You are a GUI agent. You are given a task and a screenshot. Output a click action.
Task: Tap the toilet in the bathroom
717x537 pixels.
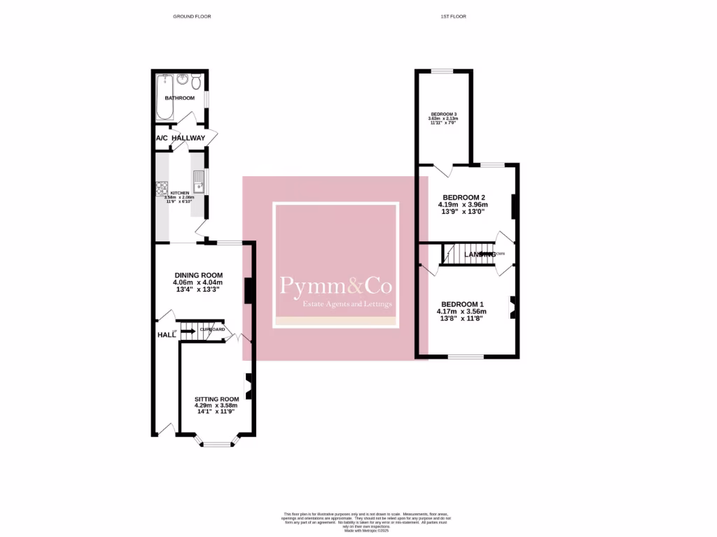point(197,83)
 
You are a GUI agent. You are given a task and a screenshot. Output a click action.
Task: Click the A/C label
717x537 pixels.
point(161,138)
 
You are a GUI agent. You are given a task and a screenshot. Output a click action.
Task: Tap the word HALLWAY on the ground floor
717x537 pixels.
point(190,138)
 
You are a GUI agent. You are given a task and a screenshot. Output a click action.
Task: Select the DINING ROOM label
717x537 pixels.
point(198,275)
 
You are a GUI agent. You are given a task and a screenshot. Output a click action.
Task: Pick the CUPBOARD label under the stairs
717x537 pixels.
point(212,329)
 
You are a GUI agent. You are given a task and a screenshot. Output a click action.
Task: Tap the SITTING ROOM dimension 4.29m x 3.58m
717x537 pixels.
point(216,406)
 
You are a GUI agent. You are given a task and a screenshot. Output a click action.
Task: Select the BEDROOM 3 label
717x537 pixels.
point(443,114)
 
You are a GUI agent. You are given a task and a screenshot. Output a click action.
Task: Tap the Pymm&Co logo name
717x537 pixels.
point(336,285)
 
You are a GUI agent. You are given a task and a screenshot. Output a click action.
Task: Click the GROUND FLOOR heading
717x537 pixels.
point(191,16)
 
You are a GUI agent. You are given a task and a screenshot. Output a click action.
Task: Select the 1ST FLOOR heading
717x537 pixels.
point(453,16)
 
